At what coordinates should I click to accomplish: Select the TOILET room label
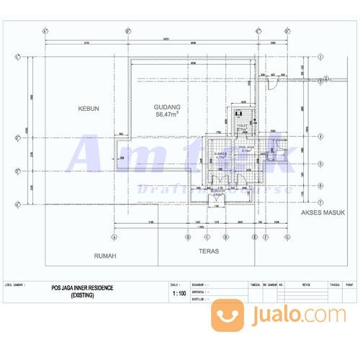click(242, 125)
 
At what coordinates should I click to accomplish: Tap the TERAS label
click(208, 253)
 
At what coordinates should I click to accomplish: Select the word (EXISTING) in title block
click(77, 294)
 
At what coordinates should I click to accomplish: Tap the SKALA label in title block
click(174, 284)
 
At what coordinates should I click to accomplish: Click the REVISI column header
click(305, 284)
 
